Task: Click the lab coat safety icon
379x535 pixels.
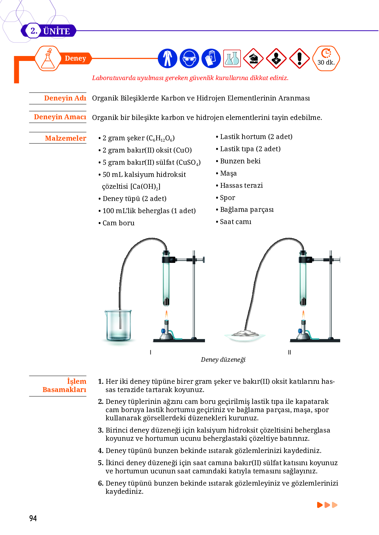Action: click(x=167, y=58)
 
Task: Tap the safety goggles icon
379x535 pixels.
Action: click(x=189, y=58)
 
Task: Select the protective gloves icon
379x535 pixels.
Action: click(x=211, y=58)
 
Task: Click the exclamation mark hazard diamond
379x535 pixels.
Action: click(x=299, y=58)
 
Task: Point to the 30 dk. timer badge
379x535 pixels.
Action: click(x=326, y=58)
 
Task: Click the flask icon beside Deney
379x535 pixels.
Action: click(x=48, y=59)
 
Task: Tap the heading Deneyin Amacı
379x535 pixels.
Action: click(x=60, y=117)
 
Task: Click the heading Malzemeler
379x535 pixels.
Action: click(x=65, y=138)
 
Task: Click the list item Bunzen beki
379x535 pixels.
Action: click(x=240, y=161)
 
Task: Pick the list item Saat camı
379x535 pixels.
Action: click(x=236, y=222)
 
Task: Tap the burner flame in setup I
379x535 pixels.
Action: click(x=166, y=315)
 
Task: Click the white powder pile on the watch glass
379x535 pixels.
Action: click(x=245, y=333)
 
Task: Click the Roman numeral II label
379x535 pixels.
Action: click(x=290, y=352)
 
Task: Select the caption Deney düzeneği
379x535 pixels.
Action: click(x=223, y=360)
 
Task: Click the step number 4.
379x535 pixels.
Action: click(x=101, y=451)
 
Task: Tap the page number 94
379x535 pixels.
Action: click(x=33, y=519)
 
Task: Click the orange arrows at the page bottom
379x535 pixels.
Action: click(x=327, y=505)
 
